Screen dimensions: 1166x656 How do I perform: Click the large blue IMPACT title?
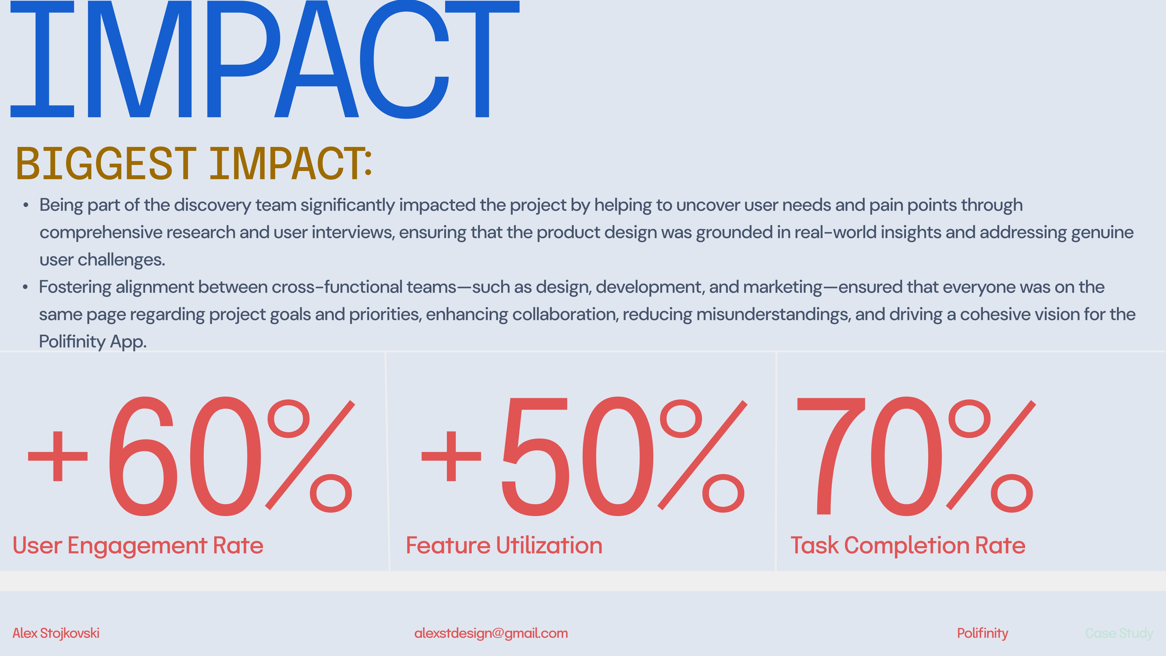[x=265, y=59]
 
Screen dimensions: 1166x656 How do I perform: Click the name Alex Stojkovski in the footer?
[x=56, y=633]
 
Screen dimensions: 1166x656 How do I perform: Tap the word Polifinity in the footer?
[x=983, y=633]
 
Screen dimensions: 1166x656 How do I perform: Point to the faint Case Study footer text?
[x=1119, y=633]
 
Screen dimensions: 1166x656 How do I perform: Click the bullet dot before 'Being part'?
[x=26, y=206]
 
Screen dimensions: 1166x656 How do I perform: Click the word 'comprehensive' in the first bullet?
[x=101, y=233]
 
